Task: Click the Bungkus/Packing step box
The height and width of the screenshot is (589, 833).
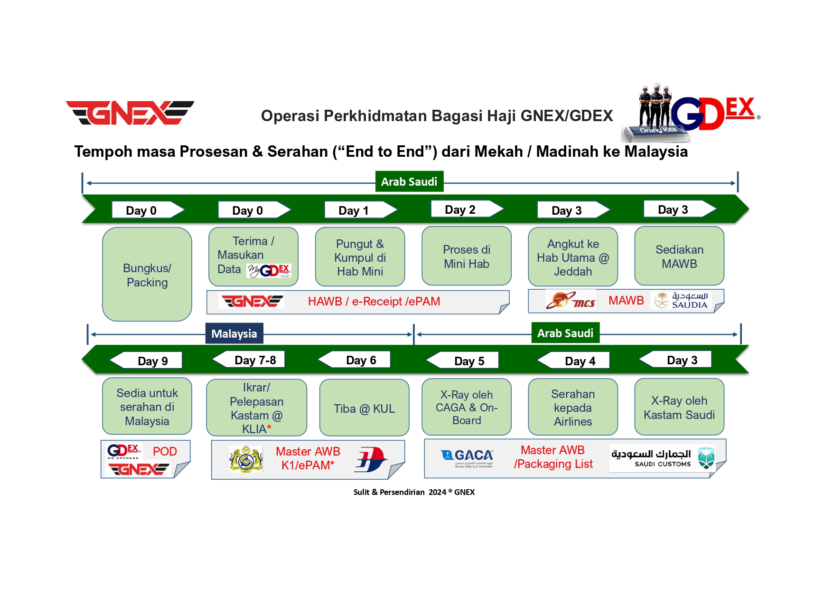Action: [147, 275]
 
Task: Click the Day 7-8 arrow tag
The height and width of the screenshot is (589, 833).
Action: [248, 360]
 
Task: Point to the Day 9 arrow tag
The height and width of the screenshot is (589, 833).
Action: [146, 361]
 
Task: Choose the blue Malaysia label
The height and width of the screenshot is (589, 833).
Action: [234, 333]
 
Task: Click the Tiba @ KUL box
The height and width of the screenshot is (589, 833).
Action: [365, 408]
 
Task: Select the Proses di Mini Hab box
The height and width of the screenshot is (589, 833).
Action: [467, 256]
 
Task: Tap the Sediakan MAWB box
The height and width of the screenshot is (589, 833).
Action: [679, 256]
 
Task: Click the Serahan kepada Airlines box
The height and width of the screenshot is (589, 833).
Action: [573, 407]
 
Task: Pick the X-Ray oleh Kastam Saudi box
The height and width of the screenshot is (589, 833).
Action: [679, 407]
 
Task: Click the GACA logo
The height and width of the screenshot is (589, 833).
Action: [468, 458]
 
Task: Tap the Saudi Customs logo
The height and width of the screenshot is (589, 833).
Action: [663, 458]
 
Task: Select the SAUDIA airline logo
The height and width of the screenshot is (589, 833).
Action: [681, 301]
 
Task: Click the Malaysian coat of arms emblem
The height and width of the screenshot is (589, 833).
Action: [246, 459]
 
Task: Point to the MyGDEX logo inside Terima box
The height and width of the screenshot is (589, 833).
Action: [269, 271]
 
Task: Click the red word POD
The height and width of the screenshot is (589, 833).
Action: [165, 451]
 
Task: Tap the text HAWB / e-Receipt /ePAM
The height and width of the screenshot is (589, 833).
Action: [374, 302]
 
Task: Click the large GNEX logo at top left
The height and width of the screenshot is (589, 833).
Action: [130, 113]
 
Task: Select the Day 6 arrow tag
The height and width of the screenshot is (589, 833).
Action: [354, 360]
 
